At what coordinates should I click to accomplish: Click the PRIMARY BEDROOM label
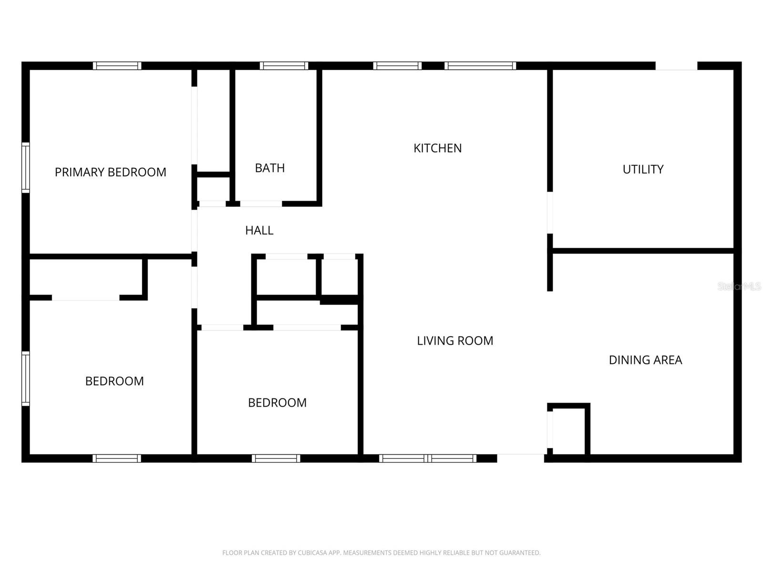click(110, 172)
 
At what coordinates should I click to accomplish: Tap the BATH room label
click(270, 168)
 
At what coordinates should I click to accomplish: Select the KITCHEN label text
click(437, 148)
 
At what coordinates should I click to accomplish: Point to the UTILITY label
click(643, 169)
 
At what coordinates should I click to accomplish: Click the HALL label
click(259, 230)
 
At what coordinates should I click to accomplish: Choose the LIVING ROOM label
click(455, 341)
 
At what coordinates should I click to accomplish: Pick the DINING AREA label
click(645, 360)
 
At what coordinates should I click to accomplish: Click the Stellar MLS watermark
click(739, 286)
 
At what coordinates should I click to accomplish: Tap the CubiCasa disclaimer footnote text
click(381, 553)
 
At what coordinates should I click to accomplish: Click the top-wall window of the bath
click(284, 66)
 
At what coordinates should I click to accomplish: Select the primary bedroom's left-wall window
click(26, 168)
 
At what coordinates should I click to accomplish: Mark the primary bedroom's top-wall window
click(117, 66)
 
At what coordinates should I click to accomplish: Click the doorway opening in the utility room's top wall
click(676, 66)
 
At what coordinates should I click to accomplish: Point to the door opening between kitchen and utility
click(550, 213)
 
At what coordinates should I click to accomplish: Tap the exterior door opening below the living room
click(521, 458)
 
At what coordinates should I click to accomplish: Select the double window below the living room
click(428, 459)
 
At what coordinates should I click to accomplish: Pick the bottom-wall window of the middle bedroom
click(276, 459)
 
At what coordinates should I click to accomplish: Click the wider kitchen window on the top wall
click(480, 66)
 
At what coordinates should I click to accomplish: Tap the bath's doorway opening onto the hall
click(261, 204)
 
